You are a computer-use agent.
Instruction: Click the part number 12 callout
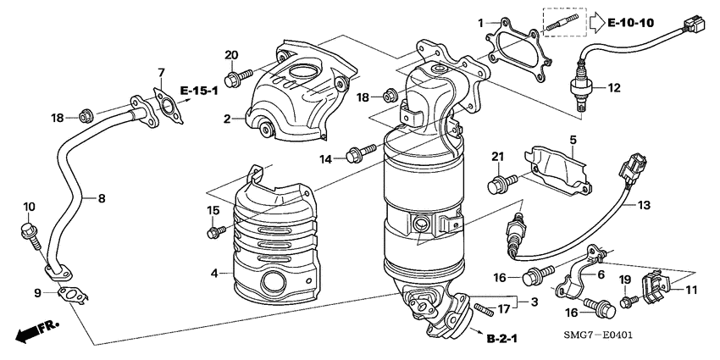point(614,86)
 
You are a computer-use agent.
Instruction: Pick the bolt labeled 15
point(215,230)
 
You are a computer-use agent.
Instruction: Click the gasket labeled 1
point(511,41)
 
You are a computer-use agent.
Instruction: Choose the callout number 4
point(214,273)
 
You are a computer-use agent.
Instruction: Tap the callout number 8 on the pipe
point(101,199)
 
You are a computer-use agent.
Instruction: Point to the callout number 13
point(644,203)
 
